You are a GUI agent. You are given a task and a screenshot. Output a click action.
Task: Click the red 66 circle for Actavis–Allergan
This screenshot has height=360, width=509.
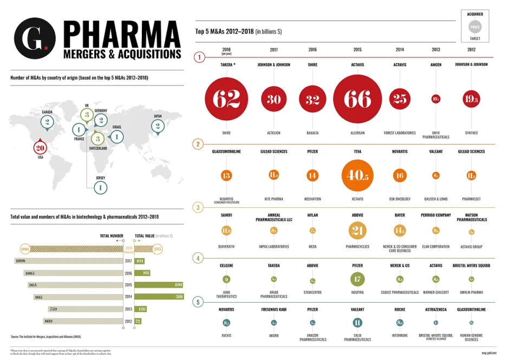(357, 99)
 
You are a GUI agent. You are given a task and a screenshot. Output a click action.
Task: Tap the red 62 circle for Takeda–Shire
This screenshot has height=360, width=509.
(226, 99)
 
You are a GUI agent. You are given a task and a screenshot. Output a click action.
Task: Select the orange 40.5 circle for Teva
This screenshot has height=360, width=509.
(357, 175)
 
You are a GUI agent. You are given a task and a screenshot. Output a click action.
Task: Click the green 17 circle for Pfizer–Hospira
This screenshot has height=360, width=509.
(357, 279)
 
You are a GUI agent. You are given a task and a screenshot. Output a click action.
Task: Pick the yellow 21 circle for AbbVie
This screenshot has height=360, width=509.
(357, 231)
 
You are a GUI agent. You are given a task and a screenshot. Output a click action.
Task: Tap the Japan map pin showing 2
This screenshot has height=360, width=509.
(158, 126)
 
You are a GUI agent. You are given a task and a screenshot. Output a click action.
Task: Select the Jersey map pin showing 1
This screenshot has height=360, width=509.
(100, 187)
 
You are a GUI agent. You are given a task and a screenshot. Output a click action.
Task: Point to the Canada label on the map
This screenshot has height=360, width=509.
(47, 112)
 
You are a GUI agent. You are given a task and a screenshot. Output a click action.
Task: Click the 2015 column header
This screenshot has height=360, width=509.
(357, 50)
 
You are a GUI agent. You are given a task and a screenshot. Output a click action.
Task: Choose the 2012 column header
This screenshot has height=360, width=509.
(471, 50)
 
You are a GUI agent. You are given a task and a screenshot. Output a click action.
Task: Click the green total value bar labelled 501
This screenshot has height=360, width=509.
(159, 296)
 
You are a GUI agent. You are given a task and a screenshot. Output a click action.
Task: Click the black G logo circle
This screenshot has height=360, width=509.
(35, 40)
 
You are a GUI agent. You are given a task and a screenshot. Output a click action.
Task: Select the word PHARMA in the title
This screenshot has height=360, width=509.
(122, 34)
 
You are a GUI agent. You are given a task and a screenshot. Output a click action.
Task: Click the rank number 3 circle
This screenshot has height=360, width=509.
(199, 207)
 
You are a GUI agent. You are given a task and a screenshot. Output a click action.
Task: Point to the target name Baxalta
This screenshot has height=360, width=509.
(312, 133)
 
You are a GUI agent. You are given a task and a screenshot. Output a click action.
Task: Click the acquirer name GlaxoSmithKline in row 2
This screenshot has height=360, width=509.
(226, 152)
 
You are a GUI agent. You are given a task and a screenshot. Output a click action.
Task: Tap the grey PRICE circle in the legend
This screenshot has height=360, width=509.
(475, 26)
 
